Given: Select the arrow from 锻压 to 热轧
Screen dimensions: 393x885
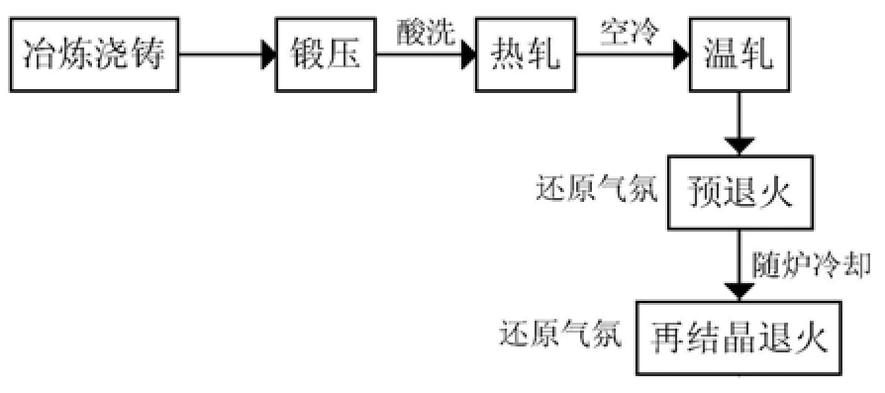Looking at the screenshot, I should [x=428, y=55].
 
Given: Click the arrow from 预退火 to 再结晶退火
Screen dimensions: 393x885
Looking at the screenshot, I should [x=738, y=264].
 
